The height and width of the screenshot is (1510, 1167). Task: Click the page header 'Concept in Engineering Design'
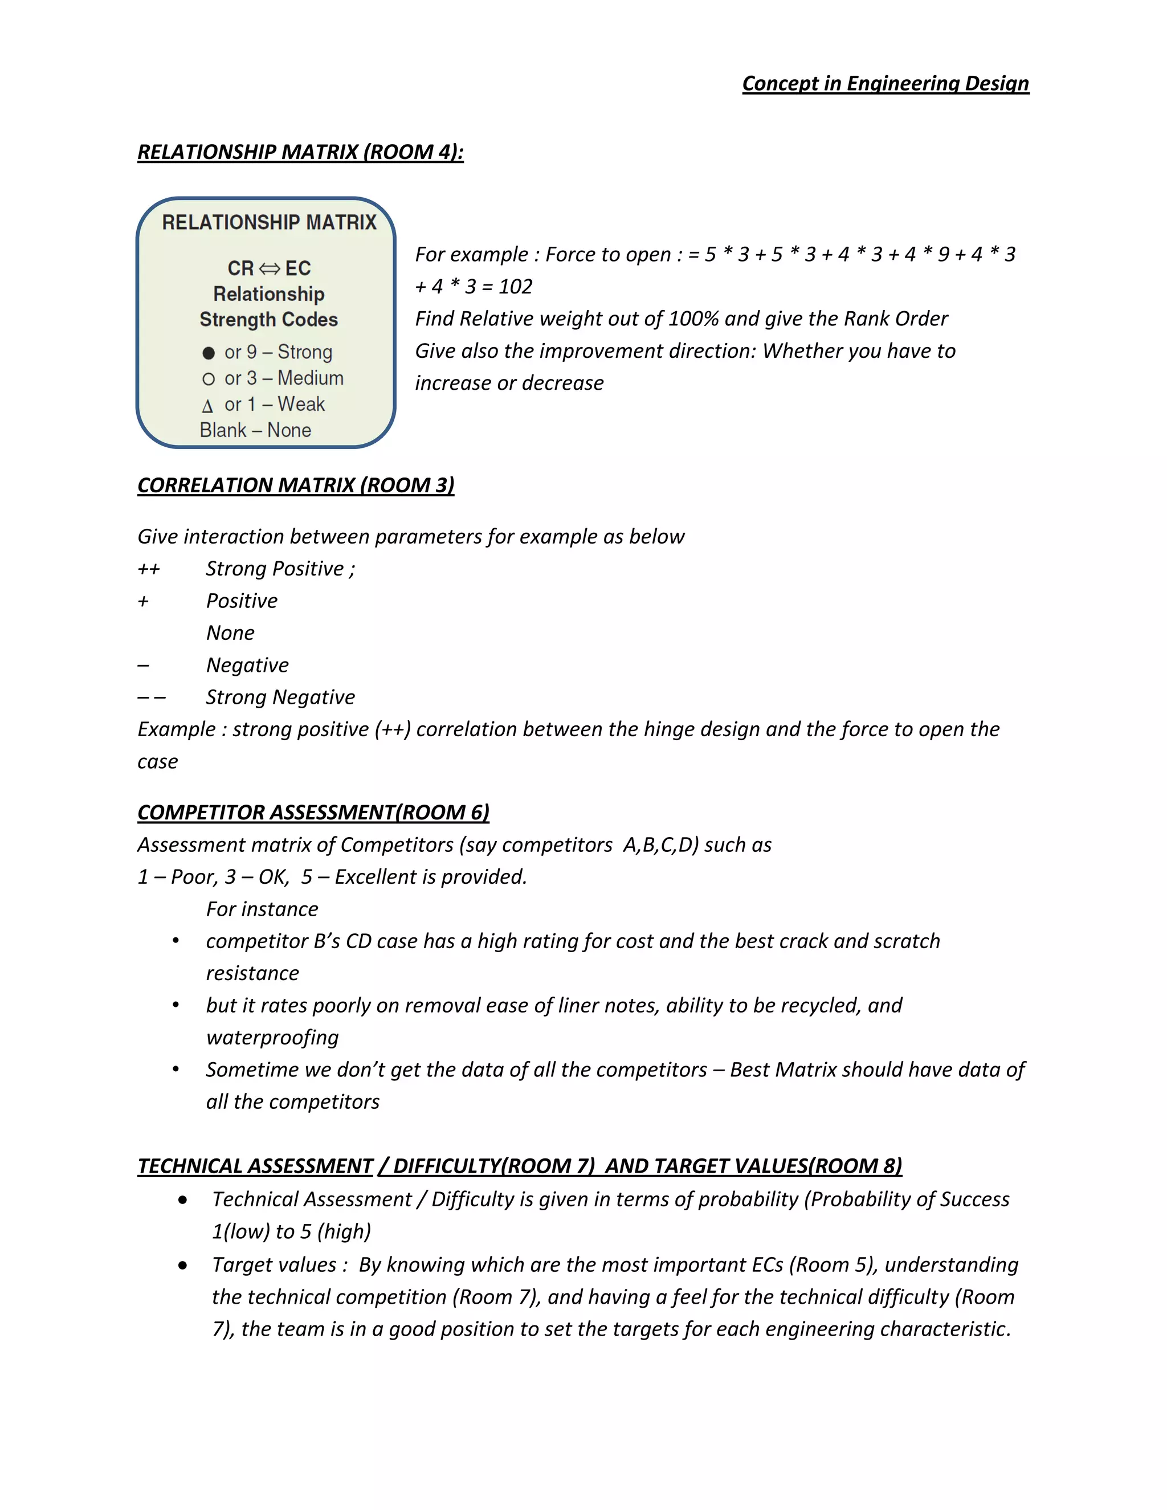885,84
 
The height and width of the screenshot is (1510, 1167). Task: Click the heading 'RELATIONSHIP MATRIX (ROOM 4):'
300,152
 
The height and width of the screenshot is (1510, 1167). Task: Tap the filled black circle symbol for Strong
208,353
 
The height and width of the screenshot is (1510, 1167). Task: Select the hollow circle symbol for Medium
208,379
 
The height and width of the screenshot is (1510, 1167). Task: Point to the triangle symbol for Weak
207,406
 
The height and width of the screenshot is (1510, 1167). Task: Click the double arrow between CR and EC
270,268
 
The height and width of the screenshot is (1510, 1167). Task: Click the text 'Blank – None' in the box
255,430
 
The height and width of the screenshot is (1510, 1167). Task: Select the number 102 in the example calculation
515,286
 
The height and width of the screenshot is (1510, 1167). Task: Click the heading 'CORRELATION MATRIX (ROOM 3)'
296,485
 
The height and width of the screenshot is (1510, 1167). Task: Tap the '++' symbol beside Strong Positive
149,569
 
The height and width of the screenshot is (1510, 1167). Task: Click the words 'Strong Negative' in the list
280,697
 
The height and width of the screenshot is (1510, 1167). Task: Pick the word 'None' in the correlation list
230,632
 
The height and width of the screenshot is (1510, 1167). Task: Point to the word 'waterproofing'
272,1037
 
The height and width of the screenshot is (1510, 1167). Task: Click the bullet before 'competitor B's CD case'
176,941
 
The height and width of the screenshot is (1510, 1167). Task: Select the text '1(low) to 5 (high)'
291,1231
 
